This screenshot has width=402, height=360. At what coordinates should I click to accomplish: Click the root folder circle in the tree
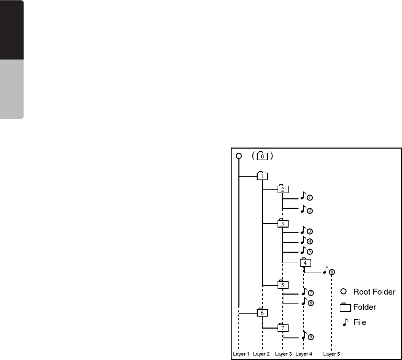point(239,156)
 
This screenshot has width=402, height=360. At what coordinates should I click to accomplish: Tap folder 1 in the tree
point(261,176)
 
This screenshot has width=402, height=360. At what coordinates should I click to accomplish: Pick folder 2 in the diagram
point(282,189)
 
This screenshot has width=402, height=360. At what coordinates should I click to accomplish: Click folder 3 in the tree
point(282,223)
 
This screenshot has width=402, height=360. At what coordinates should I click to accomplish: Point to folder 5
point(282,285)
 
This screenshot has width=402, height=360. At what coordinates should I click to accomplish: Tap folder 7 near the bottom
point(282,328)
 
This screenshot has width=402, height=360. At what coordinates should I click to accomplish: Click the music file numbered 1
point(306,197)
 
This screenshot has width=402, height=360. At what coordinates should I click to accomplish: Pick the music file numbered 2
point(306,210)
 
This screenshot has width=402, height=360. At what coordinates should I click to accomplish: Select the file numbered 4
point(306,241)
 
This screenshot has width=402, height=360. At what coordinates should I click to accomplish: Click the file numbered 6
point(329,271)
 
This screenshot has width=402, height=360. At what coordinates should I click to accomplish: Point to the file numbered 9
point(307,337)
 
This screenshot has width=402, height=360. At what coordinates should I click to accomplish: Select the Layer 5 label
point(331,354)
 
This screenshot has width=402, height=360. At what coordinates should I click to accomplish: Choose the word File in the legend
point(359,322)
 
